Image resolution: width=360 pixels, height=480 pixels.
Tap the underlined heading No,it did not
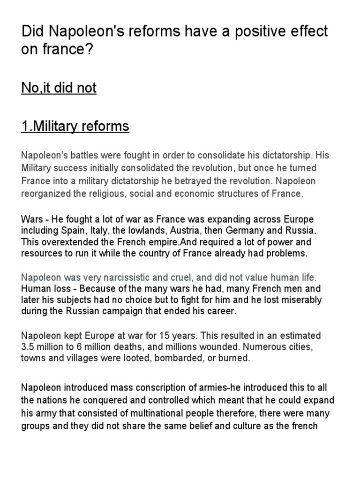tap(59, 88)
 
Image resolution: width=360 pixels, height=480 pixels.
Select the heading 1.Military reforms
tap(75, 126)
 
